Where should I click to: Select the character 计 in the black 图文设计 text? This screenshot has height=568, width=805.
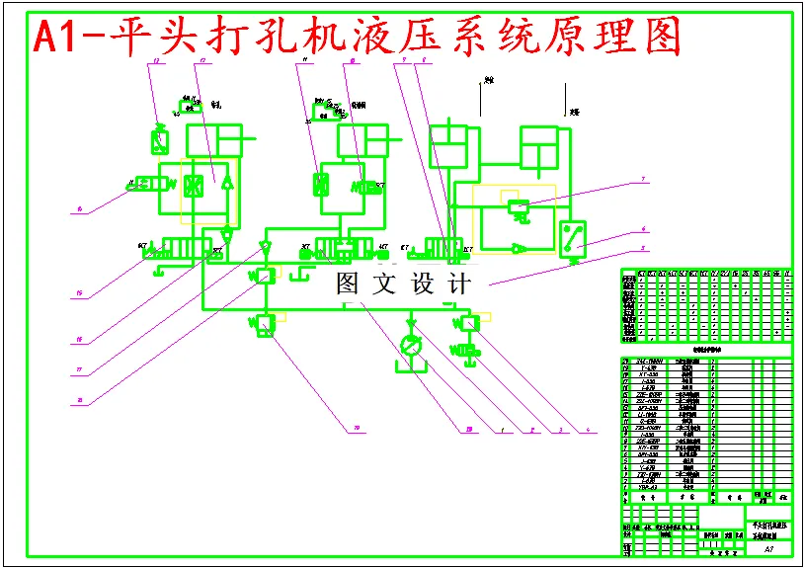tap(458, 284)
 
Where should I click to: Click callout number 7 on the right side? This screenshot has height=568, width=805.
tap(643, 179)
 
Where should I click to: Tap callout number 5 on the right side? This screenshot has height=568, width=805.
tap(643, 247)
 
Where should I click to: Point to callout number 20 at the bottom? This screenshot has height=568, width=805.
tap(346, 428)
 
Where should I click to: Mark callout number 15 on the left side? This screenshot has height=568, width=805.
tap(77, 293)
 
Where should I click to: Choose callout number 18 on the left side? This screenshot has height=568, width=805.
tap(77, 400)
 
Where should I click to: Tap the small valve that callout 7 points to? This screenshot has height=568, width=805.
tap(517, 207)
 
